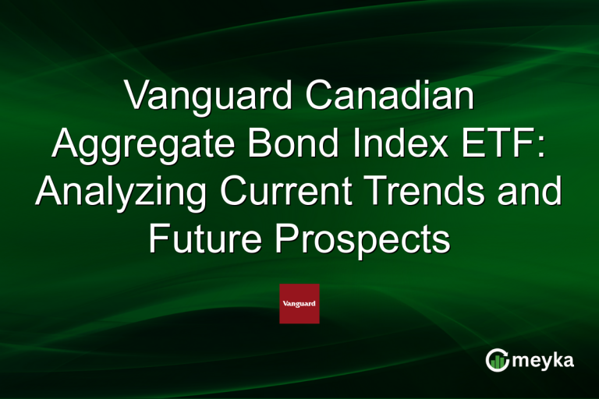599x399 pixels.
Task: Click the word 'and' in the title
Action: pyautogui.click(x=533, y=192)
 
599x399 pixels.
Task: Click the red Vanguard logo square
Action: pyautogui.click(x=299, y=303)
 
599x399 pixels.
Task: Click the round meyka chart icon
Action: pyautogui.click(x=497, y=360)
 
